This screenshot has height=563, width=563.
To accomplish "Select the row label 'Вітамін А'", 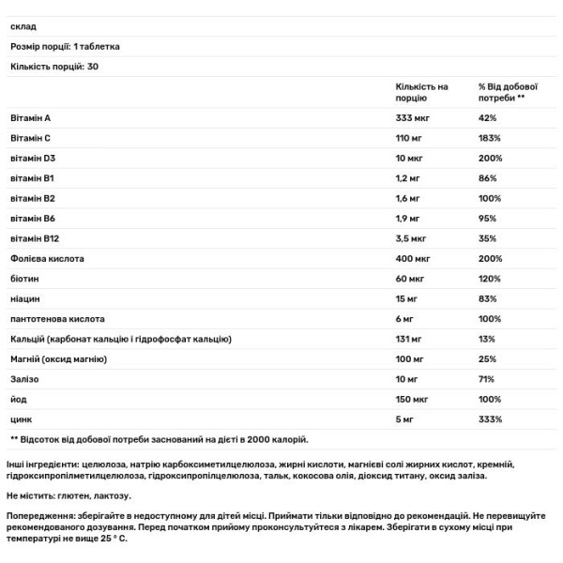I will click(x=29, y=118).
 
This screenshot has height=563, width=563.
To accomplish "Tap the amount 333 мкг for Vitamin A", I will click(x=413, y=118).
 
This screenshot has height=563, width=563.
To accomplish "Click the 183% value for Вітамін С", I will click(x=490, y=138).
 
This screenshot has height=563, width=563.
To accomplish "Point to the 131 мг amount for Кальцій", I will click(x=410, y=339).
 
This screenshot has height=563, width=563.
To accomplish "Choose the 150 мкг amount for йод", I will click(x=413, y=399).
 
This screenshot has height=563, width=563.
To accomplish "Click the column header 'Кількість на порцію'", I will click(x=422, y=92).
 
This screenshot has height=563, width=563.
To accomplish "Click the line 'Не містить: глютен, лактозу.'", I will click(x=68, y=495).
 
